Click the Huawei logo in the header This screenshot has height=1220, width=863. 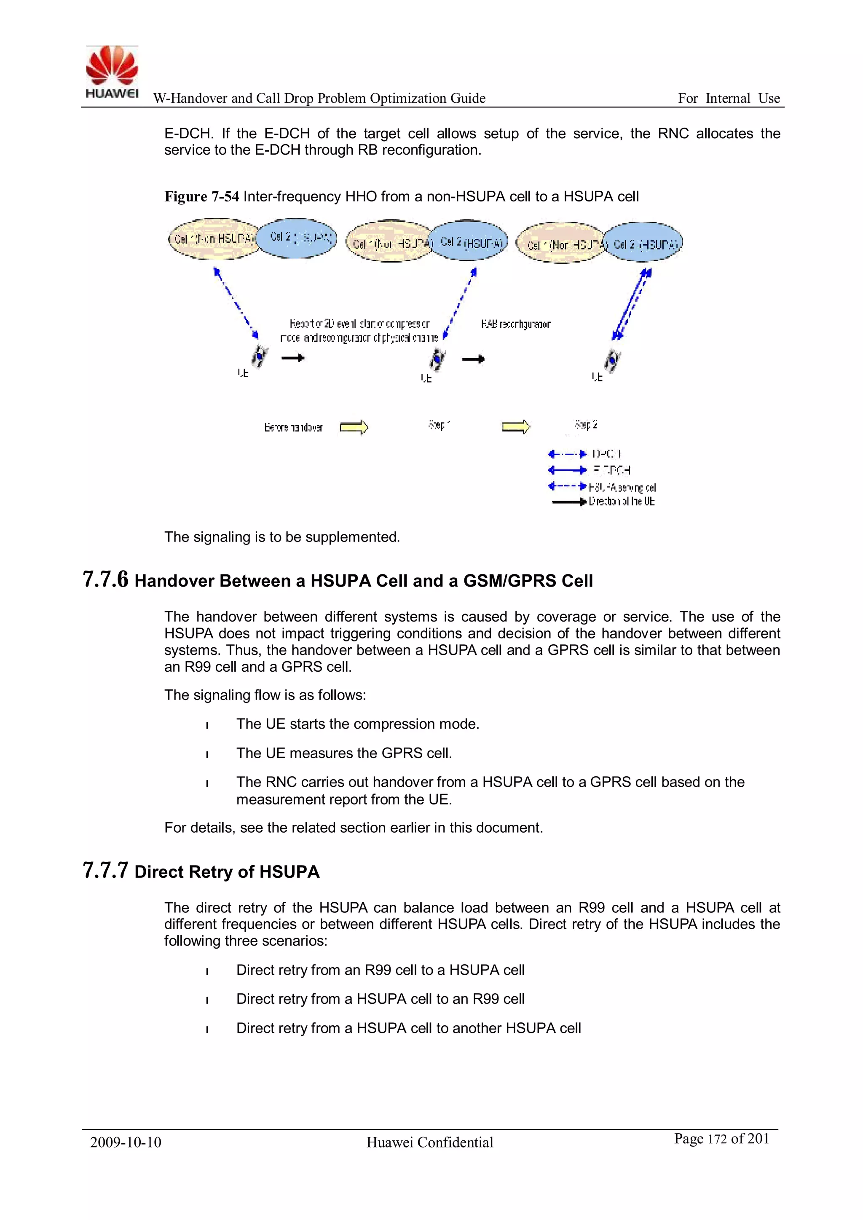pyautogui.click(x=112, y=72)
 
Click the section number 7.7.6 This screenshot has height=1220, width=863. pyautogui.click(x=106, y=579)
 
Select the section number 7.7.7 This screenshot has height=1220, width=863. pyautogui.click(x=106, y=870)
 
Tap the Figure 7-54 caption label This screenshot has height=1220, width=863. pyautogui.click(x=201, y=197)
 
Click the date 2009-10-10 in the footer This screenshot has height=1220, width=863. pyautogui.click(x=126, y=1142)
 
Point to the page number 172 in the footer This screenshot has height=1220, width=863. pyautogui.click(x=717, y=1139)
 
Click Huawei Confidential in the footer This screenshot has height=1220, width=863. pyautogui.click(x=429, y=1142)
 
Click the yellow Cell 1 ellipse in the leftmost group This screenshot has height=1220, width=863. pyautogui.click(x=212, y=239)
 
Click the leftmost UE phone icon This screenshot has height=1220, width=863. pyautogui.click(x=259, y=356)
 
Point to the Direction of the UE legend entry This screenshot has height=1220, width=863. pyautogui.click(x=621, y=501)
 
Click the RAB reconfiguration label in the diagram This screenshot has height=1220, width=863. pyautogui.click(x=515, y=324)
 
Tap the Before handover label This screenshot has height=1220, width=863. pyautogui.click(x=293, y=427)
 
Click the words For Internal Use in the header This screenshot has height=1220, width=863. pyautogui.click(x=729, y=98)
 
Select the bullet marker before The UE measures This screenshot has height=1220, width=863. pyautogui.click(x=207, y=754)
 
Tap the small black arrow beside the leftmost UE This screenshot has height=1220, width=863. pyautogui.click(x=293, y=358)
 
